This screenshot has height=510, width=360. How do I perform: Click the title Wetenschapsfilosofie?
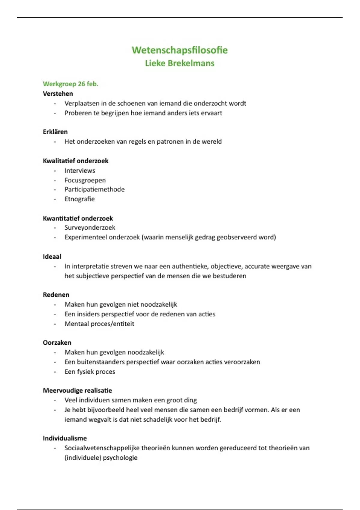pyautogui.click(x=180, y=50)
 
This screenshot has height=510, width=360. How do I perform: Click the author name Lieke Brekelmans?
pyautogui.click(x=180, y=63)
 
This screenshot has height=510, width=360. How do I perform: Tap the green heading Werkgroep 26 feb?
pyautogui.click(x=70, y=84)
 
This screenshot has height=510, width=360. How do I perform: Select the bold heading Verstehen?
pyautogui.click(x=58, y=94)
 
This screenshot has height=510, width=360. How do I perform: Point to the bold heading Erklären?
pyautogui.click(x=55, y=132)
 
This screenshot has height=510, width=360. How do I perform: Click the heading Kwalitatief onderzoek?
pyautogui.click(x=76, y=161)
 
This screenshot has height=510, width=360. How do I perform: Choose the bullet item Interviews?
pyautogui.click(x=80, y=170)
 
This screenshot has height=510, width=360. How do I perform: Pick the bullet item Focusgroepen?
pyautogui.click(x=85, y=180)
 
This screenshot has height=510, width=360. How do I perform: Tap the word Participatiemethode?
pyautogui.click(x=94, y=189)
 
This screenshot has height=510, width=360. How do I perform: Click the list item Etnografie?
pyautogui.click(x=79, y=199)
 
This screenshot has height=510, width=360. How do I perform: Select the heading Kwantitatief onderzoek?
pyautogui.click(x=78, y=218)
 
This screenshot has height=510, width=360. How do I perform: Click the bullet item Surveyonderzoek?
pyautogui.click(x=90, y=227)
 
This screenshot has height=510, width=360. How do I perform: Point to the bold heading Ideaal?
pyautogui.click(x=52, y=256)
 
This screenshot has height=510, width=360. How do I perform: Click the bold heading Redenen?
pyautogui.click(x=56, y=295)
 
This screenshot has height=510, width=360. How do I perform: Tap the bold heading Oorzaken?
pyautogui.click(x=57, y=343)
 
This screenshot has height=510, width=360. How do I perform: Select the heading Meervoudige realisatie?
pyautogui.click(x=77, y=390)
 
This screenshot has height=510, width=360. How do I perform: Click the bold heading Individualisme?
pyautogui.click(x=65, y=438)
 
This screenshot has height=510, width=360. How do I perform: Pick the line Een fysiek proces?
pyautogui.click(x=90, y=371)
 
